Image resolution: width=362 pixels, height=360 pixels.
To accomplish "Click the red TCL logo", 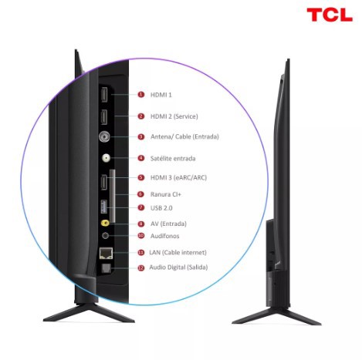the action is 330,15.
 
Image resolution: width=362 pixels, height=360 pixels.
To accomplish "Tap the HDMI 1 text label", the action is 161,95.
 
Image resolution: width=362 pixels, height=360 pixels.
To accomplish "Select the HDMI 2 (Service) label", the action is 174,116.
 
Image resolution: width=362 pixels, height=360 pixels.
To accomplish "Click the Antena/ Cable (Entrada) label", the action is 184,136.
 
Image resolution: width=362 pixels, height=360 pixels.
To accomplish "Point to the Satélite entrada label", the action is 173,158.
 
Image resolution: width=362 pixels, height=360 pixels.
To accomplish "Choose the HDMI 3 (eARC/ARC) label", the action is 178,177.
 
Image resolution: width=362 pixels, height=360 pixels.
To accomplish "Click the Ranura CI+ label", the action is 166,194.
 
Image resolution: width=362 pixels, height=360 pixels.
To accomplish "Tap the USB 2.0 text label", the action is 161,208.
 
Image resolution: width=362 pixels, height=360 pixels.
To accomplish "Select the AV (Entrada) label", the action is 168,224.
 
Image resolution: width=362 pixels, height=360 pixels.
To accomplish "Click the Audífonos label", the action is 164,236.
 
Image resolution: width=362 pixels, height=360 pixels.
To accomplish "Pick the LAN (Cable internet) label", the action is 178,252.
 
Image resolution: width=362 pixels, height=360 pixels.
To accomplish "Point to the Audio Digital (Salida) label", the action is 178,267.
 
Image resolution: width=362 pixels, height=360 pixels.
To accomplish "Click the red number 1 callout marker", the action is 140,95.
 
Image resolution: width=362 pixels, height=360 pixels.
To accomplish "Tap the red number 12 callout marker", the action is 140,267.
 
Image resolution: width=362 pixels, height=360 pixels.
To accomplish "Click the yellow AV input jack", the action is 105,223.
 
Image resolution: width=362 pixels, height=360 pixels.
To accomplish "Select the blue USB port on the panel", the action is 103,207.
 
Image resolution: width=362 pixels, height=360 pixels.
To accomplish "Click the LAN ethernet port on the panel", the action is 106,253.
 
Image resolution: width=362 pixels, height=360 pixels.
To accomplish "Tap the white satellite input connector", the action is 106,158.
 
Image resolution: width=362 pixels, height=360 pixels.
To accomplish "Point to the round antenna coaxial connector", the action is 104,137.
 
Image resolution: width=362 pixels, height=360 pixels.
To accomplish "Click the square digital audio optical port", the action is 106,268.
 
